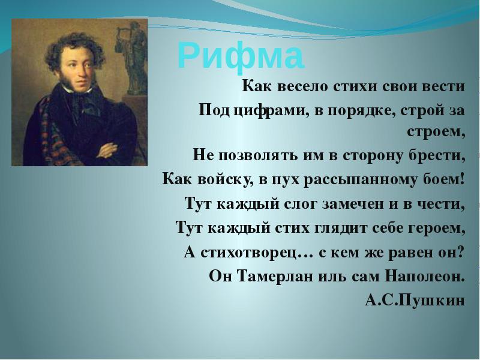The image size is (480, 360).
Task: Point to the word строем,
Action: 436,132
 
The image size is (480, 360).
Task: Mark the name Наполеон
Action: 425,277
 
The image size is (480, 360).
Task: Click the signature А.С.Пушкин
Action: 415,301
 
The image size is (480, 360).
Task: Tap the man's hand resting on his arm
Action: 108,149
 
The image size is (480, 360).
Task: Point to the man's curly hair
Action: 75,49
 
